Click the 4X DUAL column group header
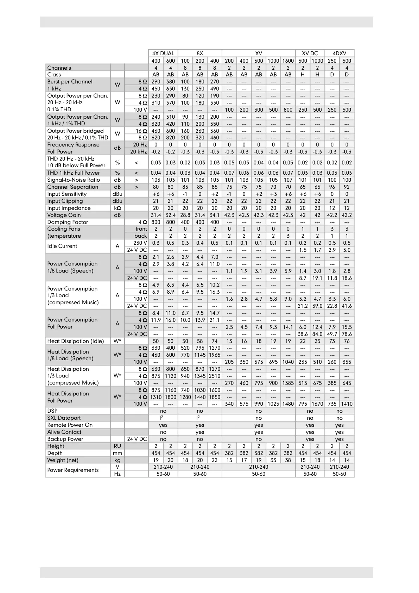tap(163, 54)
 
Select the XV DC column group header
tap(310, 54)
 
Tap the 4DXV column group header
tap(339, 54)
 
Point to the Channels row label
tap(59, 68)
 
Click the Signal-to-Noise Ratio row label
tap(74, 180)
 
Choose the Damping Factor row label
tap(68, 222)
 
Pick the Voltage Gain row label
tap(64, 215)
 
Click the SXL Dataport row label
tap(64, 418)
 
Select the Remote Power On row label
tap(70, 425)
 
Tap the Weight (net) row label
tap(63, 460)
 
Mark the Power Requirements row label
tap(73, 470)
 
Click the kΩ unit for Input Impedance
tap(118, 208)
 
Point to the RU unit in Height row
tap(118, 446)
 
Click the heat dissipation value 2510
tap(215, 376)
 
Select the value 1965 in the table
tap(215, 355)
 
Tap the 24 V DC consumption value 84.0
tap(317, 334)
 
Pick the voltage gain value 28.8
tap(185, 215)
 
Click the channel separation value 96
tap(332, 187)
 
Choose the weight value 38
tap(288, 460)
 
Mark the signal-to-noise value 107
tap(288, 180)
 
